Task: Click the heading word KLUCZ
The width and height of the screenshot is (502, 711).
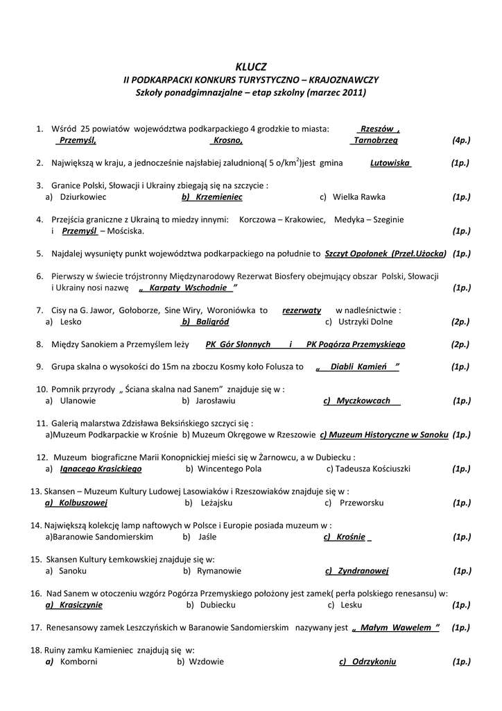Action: [x=250, y=67]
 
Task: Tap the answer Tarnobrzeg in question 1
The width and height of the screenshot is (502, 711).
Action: [x=375, y=140]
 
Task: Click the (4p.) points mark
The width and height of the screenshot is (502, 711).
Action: [x=461, y=140]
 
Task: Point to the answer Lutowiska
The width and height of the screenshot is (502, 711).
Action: [x=390, y=163]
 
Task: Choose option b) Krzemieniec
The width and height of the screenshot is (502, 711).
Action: [x=211, y=197]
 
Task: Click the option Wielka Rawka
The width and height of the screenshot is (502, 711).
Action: [x=358, y=197]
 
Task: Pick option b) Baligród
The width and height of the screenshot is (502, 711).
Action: [x=205, y=321]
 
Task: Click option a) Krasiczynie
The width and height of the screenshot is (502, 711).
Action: [x=73, y=605]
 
